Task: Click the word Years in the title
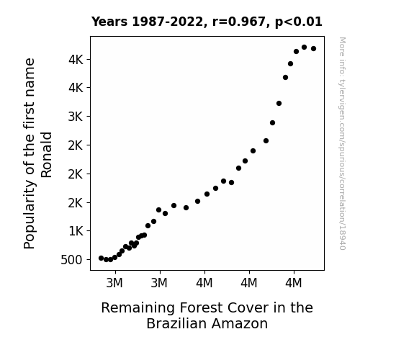109,22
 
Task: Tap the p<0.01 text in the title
299,22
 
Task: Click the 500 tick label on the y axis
71,260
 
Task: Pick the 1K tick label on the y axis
76,231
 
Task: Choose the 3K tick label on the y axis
76,117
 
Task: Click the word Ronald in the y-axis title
47,155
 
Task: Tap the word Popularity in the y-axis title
29,215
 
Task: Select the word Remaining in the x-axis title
138,308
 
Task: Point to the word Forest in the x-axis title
201,308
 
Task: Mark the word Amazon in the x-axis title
240,323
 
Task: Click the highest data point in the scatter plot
304,48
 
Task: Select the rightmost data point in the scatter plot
314,48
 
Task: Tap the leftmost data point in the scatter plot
101,258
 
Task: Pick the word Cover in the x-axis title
248,308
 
